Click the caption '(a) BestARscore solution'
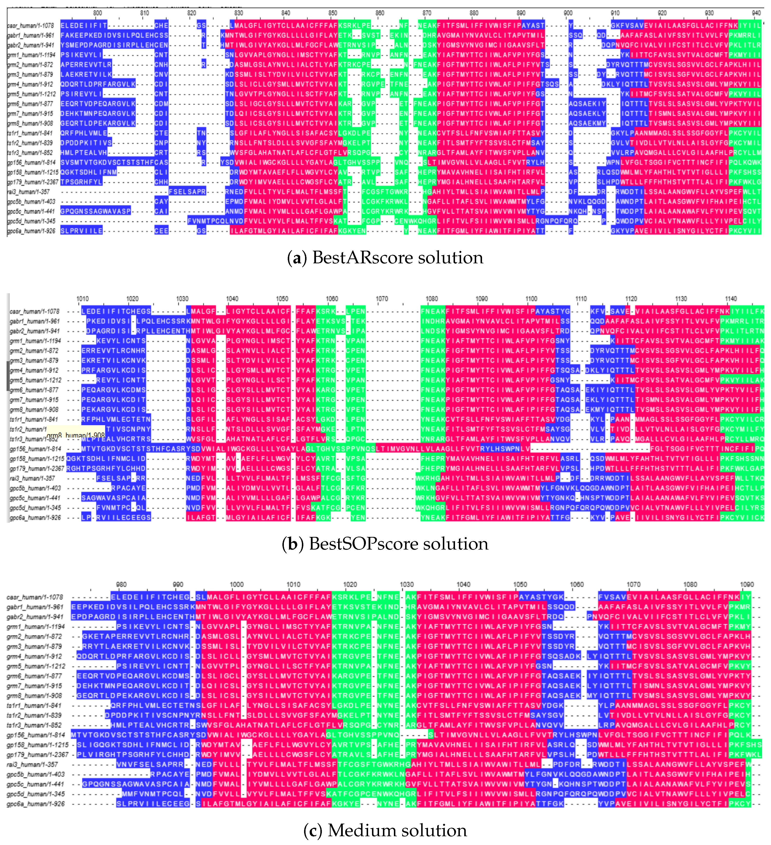(385, 257)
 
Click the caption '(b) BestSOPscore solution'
(385, 544)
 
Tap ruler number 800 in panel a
(97, 13)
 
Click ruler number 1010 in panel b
(83, 299)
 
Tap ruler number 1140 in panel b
(731, 299)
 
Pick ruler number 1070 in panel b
(381, 299)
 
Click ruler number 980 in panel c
(121, 584)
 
